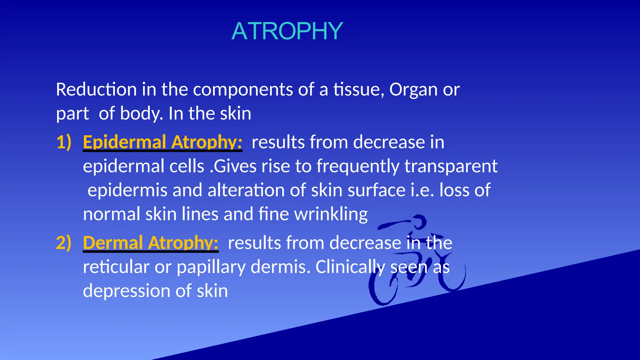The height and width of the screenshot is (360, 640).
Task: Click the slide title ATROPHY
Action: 287,31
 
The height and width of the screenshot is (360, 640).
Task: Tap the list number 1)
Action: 64,142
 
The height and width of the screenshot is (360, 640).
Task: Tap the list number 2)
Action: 64,243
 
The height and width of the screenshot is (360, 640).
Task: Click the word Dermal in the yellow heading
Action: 113,243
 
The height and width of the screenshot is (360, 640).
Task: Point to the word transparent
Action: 451,166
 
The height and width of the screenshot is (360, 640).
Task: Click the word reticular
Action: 116,267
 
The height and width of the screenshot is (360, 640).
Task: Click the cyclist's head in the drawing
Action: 419,222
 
